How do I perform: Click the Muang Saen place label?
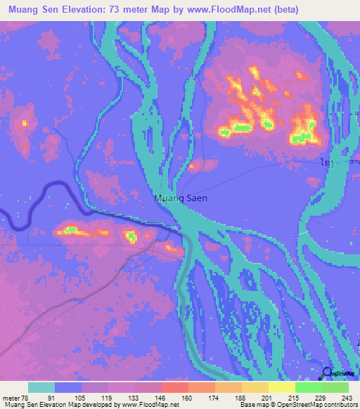tap(181, 199)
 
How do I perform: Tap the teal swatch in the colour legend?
tap(41, 387)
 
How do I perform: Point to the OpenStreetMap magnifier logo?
tap(326, 373)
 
